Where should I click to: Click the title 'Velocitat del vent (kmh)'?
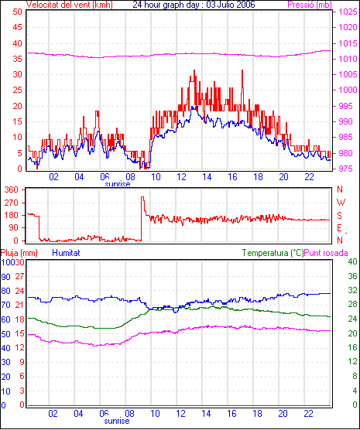[69, 5]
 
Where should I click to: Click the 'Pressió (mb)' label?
[310, 5]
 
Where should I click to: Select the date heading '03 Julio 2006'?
[228, 5]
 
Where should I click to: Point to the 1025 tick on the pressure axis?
[348, 12]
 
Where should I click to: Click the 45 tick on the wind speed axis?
[17, 27]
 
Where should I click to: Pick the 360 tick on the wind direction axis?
[12, 189]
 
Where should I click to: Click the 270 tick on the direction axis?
[12, 203]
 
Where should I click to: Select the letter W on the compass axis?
[341, 203]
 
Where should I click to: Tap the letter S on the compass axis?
[339, 216]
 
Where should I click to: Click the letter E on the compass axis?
[339, 228]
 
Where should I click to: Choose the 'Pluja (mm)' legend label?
[19, 253]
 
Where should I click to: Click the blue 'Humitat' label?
[66, 253]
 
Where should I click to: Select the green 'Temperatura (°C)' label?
[273, 253]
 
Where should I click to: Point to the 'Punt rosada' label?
[326, 253]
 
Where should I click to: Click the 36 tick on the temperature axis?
[352, 276]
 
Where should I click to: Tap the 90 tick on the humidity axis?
[5, 277]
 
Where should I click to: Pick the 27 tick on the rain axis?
[19, 276]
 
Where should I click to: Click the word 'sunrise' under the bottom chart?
[117, 421]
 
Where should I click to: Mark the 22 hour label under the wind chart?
[309, 177]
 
